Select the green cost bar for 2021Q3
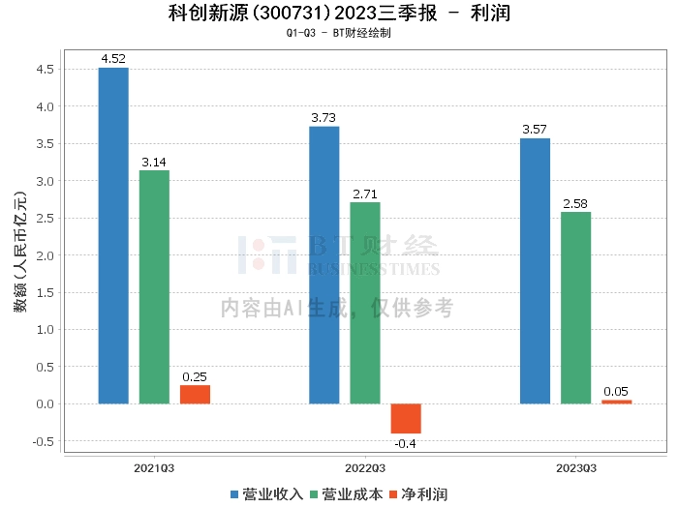click(x=154, y=286)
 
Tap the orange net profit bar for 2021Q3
click(x=195, y=394)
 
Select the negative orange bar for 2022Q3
click(x=406, y=418)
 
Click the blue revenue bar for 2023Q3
click(x=535, y=271)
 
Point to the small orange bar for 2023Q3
click(x=616, y=402)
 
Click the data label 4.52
click(x=113, y=59)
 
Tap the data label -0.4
click(x=406, y=443)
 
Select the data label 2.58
click(x=575, y=203)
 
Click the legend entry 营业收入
click(x=266, y=494)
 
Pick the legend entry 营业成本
click(x=346, y=494)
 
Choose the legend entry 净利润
click(x=417, y=494)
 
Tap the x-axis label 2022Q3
click(x=365, y=467)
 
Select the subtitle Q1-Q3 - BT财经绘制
click(x=338, y=32)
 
